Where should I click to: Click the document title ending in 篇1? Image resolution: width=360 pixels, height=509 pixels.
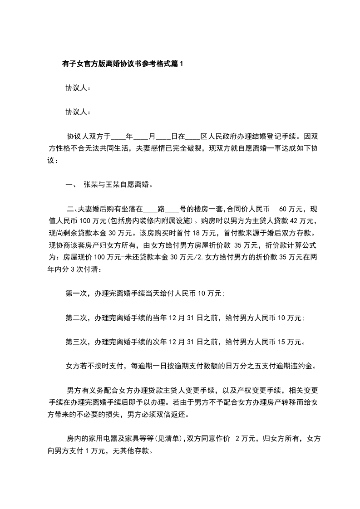click(x=122, y=64)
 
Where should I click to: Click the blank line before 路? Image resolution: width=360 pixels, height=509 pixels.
click(x=150, y=210)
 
